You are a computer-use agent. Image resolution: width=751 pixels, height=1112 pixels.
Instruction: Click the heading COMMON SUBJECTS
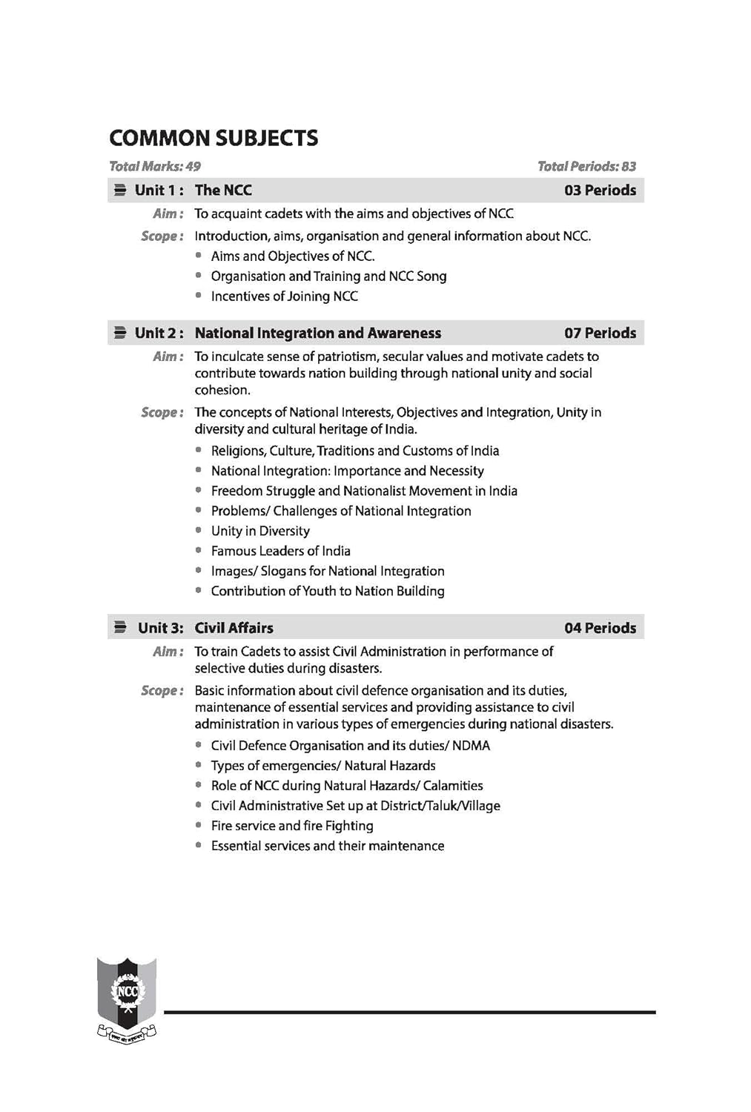click(x=214, y=138)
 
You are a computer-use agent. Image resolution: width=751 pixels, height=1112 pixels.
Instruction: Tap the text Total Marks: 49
click(x=154, y=166)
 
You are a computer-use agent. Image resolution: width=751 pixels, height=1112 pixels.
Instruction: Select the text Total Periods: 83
click(x=586, y=166)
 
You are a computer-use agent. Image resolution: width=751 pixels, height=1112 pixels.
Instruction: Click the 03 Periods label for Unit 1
click(x=600, y=190)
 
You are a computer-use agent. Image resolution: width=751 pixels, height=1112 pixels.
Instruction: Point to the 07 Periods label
click(x=600, y=333)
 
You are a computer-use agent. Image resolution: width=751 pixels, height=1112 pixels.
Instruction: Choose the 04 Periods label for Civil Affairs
click(x=600, y=628)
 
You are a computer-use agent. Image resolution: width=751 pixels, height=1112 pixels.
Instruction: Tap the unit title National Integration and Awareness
click(x=317, y=333)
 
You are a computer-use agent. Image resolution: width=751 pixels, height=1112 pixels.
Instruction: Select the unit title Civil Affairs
click(x=234, y=628)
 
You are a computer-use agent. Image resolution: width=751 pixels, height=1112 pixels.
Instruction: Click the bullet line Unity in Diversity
click(x=260, y=531)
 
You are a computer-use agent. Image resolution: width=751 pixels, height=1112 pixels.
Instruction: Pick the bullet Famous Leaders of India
click(x=280, y=551)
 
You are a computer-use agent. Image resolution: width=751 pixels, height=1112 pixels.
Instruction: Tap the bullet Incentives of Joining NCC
click(x=284, y=297)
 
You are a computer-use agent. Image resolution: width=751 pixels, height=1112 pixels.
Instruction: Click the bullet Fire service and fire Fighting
click(x=292, y=826)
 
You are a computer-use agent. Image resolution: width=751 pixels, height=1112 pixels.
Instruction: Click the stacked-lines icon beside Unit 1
click(x=119, y=190)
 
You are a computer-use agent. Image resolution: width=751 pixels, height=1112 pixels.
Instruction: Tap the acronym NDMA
click(x=471, y=746)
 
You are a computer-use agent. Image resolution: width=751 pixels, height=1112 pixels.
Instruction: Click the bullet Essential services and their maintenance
click(x=327, y=846)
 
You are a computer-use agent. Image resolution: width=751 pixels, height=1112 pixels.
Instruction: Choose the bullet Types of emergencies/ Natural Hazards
click(x=323, y=766)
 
